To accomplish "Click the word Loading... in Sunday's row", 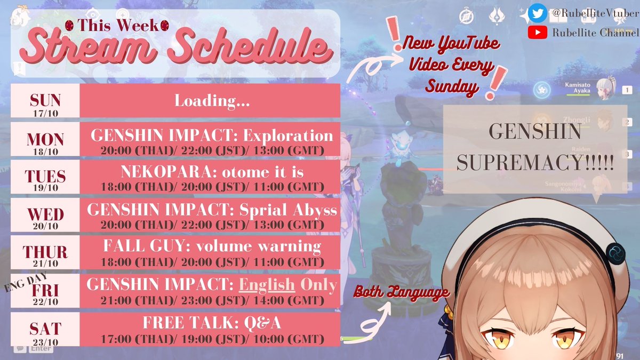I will coord(212,101).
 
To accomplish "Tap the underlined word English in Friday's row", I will coord(267,285).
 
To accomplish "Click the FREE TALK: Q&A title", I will coord(212,323).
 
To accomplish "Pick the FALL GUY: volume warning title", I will coord(212,247).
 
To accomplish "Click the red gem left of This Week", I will coord(69,25).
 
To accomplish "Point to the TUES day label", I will coord(45,177).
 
